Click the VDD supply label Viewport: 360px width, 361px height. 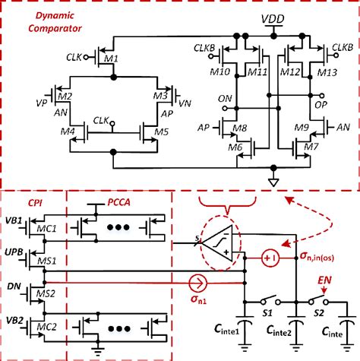273,20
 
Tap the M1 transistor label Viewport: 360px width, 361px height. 112,59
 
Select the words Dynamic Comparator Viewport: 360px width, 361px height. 55,22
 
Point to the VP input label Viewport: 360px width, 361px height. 42,103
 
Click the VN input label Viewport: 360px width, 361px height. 185,103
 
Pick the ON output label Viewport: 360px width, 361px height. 225,99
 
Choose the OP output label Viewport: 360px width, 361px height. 321,105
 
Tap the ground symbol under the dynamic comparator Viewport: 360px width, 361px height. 273,182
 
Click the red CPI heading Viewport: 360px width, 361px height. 35,203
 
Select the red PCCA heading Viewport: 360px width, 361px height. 119,202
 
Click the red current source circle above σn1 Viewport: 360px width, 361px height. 198,283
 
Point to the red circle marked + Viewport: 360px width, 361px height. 270,258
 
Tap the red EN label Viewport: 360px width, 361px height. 324,280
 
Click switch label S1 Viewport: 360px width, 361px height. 267,313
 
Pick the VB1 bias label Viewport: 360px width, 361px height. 14,220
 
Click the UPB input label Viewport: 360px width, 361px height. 14,252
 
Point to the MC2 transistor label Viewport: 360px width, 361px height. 46,327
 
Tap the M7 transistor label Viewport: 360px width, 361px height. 311,147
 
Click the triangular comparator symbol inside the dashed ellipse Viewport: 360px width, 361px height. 218,243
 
